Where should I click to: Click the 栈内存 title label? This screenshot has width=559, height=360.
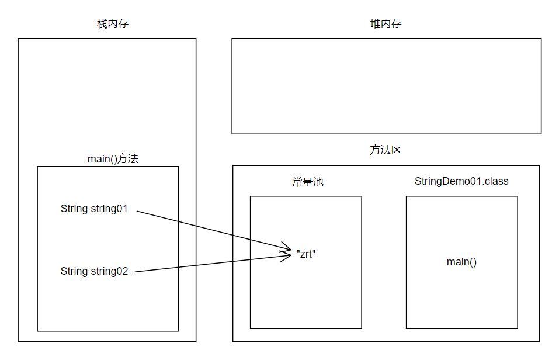click(x=112, y=24)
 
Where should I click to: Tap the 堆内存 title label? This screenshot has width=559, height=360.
click(x=386, y=24)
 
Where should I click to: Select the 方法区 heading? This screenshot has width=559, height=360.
click(x=386, y=150)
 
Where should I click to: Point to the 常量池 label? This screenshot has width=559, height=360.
click(x=308, y=182)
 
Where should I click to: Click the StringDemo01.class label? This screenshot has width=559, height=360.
click(x=461, y=181)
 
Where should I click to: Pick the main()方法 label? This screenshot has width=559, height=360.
click(x=113, y=159)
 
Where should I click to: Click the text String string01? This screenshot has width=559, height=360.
click(x=94, y=209)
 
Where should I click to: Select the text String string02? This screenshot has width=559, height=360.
click(x=94, y=271)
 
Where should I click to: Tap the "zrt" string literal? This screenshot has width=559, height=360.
click(x=306, y=254)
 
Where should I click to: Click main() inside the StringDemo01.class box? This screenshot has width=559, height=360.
click(x=461, y=262)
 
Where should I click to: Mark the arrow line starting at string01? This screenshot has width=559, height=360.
click(x=210, y=228)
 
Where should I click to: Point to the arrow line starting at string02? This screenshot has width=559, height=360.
click(x=210, y=262)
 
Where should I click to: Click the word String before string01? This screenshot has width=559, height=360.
click(x=74, y=209)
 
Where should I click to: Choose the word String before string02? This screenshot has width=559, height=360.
click(x=74, y=271)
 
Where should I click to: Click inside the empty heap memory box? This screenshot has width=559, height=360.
click(x=386, y=86)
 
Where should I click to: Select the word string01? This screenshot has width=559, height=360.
click(x=109, y=209)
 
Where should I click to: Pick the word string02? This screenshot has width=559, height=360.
click(x=109, y=271)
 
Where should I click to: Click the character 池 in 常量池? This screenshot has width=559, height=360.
click(x=318, y=182)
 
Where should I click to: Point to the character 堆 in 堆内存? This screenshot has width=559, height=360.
click(x=375, y=24)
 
